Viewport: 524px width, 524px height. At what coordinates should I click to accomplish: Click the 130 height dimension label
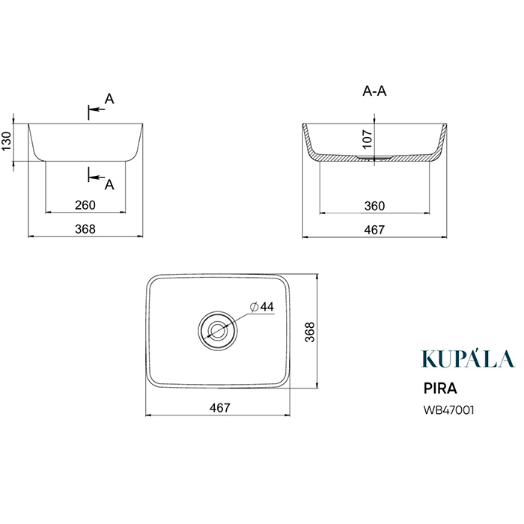[7, 141]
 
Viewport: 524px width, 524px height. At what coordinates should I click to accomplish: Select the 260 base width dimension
[85, 205]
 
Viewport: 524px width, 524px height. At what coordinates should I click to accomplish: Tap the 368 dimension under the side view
[85, 229]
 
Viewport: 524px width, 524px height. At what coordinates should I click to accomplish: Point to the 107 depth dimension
[368, 139]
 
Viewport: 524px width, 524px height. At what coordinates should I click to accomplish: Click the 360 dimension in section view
[374, 206]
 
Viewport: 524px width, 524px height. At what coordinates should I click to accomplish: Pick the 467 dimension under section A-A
[374, 230]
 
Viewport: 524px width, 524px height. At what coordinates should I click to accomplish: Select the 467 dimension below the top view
[220, 408]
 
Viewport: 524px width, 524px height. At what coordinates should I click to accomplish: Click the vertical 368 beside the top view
[310, 332]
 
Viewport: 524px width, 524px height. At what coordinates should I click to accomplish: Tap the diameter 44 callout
[262, 306]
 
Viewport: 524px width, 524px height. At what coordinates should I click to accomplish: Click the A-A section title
[374, 91]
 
